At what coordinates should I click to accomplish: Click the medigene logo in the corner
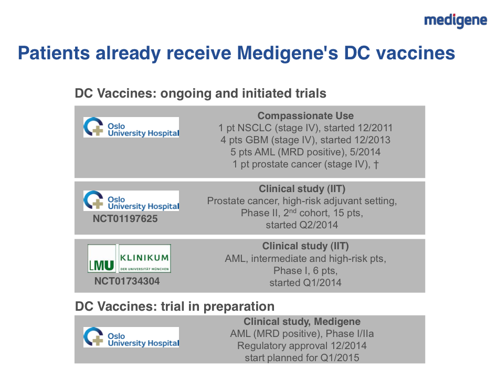pyautogui.click(x=456, y=21)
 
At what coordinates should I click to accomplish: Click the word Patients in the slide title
pyautogui.click(x=54, y=53)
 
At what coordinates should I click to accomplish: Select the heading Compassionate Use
pyautogui.click(x=305, y=115)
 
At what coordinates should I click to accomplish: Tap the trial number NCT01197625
pyautogui.click(x=125, y=219)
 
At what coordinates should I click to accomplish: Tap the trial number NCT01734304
pyautogui.click(x=127, y=281)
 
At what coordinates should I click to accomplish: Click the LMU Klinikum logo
pyautogui.click(x=129, y=258)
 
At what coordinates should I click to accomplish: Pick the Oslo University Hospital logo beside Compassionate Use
pyautogui.click(x=131, y=127)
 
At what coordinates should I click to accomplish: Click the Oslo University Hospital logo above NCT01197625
pyautogui.click(x=131, y=201)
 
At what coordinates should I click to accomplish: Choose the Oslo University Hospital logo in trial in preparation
pyautogui.click(x=131, y=337)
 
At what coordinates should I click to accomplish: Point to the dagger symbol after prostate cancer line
pyautogui.click(x=376, y=164)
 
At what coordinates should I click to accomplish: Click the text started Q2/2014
pyautogui.click(x=302, y=225)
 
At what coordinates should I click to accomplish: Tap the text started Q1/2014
pyautogui.click(x=305, y=282)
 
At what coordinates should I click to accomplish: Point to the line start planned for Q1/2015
pyautogui.click(x=302, y=358)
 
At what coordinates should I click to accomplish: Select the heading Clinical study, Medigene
pyautogui.click(x=302, y=321)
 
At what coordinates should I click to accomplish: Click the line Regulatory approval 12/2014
pyautogui.click(x=302, y=345)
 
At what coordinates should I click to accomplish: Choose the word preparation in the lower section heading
pyautogui.click(x=239, y=307)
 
